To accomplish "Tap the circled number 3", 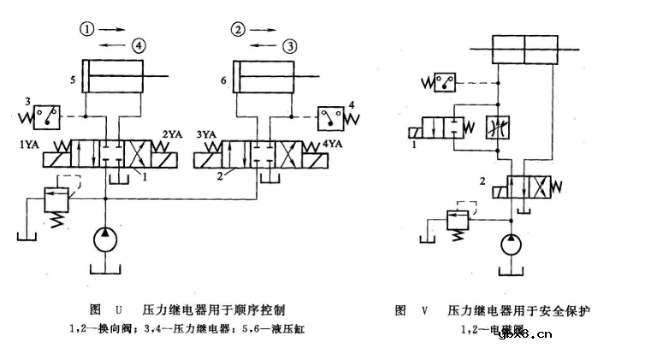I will [x=291, y=44].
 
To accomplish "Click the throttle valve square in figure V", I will [x=497, y=127].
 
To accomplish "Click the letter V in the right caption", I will [x=423, y=310].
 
